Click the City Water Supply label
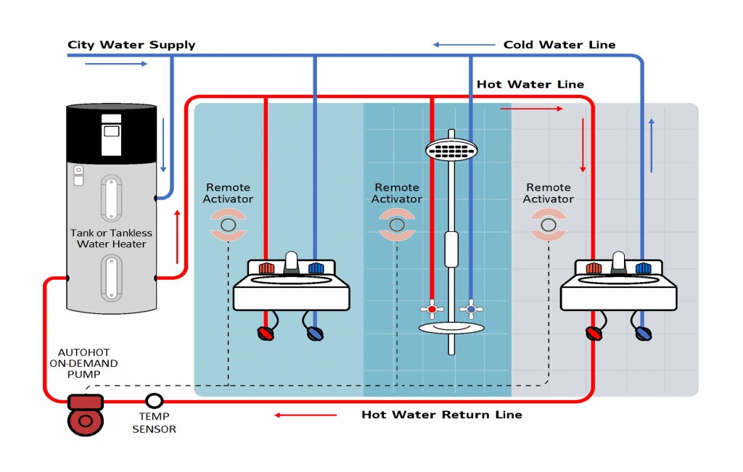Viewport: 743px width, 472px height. (131, 45)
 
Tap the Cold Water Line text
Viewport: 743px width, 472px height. (559, 45)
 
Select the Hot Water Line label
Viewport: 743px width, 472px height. (530, 85)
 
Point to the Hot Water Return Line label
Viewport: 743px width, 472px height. (441, 415)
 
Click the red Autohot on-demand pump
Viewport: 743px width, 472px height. (86, 415)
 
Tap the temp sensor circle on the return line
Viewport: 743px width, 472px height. (154, 400)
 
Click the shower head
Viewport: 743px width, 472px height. (451, 150)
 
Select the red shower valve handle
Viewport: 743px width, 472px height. (432, 310)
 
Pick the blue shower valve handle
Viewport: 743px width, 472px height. (471, 310)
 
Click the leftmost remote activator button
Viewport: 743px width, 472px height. (228, 225)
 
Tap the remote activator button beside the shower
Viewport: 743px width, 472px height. (397, 225)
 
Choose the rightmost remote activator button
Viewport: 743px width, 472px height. (549, 225)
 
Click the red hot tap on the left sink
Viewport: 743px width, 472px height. (267, 268)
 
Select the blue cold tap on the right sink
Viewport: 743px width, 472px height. (643, 268)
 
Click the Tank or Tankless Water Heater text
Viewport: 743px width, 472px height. (112, 239)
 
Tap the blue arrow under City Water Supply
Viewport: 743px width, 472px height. (116, 64)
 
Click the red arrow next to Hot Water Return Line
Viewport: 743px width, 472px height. (305, 415)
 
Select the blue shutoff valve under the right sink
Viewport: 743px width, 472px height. (643, 334)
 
